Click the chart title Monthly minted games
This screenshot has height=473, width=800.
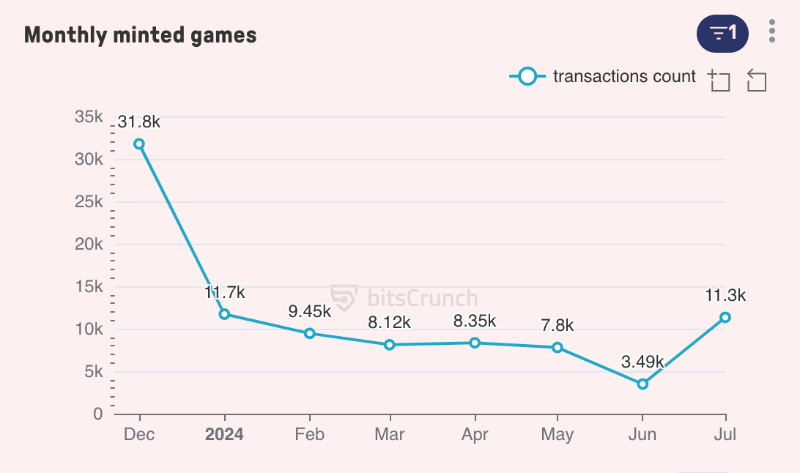[x=140, y=34]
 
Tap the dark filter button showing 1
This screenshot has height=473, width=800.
[x=722, y=33]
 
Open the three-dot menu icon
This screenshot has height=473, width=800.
[x=772, y=31]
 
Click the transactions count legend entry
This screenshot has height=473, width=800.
[x=602, y=76]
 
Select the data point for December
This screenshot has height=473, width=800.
[x=138, y=144]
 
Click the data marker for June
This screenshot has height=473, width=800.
[x=642, y=384]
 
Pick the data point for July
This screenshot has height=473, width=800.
[x=725, y=317]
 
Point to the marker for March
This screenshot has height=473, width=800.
[x=390, y=344]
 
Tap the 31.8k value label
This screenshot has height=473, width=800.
[x=138, y=122]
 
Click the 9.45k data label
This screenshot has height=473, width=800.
[x=309, y=311]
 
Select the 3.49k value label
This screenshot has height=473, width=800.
[x=642, y=362]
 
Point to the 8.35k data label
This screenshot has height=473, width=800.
[x=475, y=321]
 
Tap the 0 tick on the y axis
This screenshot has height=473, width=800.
[x=98, y=414]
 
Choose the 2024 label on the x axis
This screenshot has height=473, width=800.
[x=224, y=434]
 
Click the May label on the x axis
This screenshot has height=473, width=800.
[x=558, y=434]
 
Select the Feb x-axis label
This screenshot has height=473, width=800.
[x=309, y=434]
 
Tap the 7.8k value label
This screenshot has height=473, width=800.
[x=558, y=325]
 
